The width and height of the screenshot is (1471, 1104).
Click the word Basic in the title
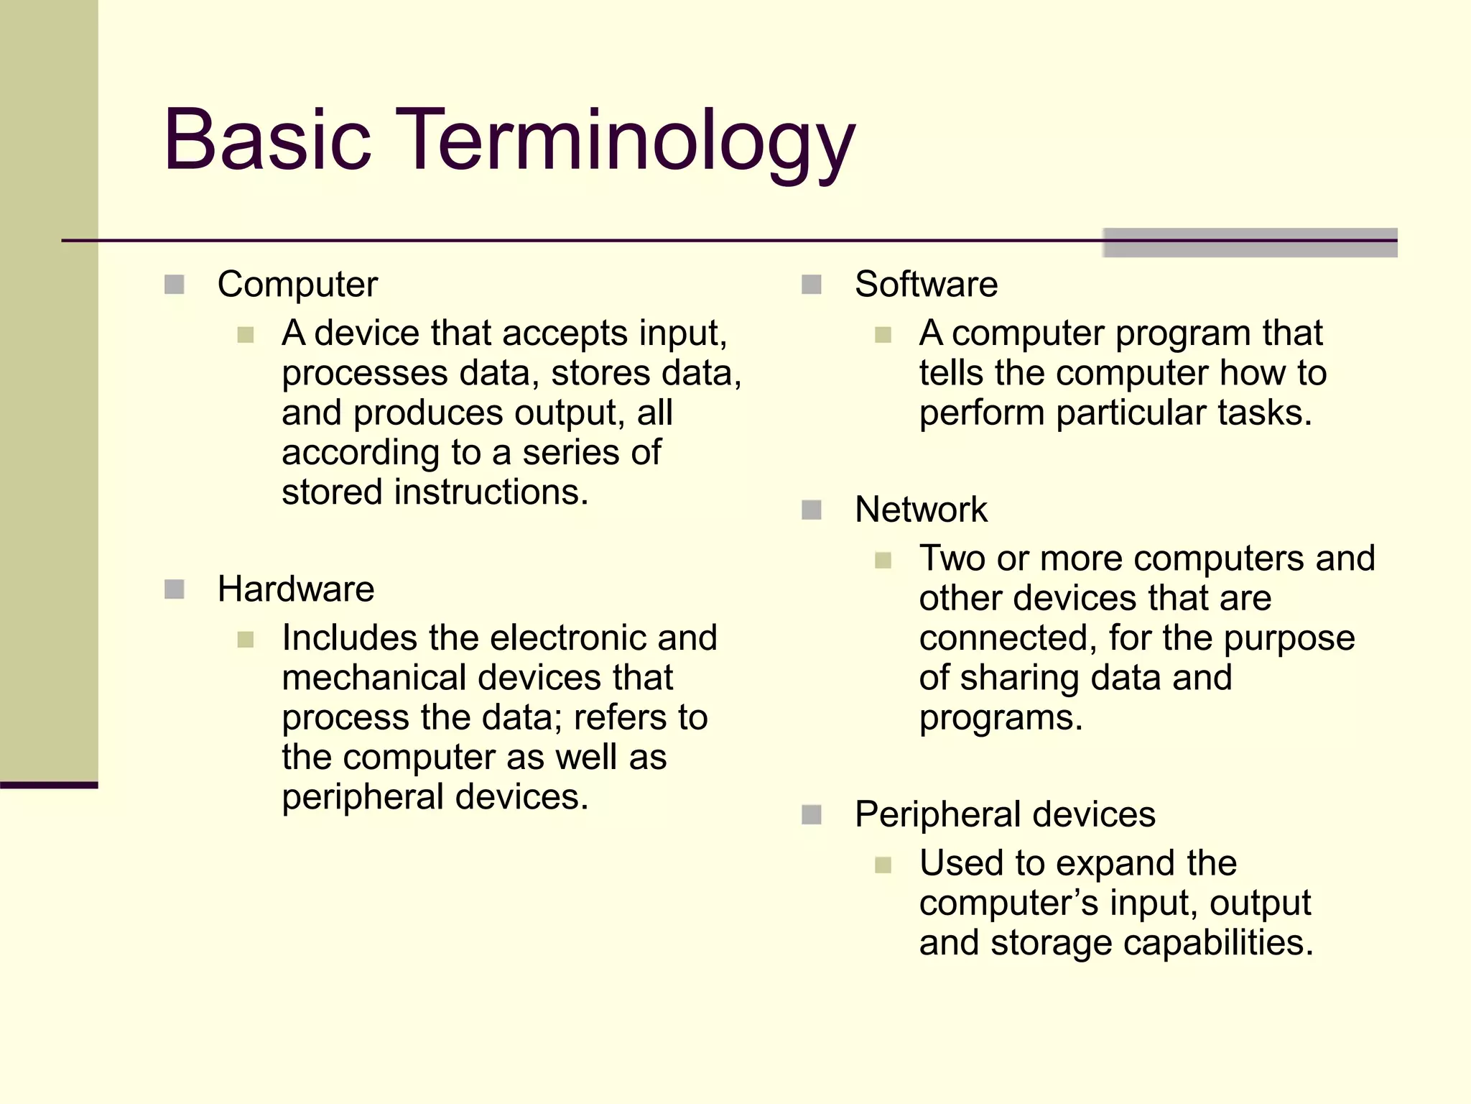tap(267, 140)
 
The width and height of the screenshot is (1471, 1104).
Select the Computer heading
tap(297, 285)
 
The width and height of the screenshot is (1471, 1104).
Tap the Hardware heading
tap(295, 589)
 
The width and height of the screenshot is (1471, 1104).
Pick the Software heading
tap(926, 285)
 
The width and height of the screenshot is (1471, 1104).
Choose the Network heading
tap(921, 510)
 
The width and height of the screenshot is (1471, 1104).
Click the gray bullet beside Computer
tap(175, 285)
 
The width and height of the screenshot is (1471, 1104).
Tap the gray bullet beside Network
tap(812, 510)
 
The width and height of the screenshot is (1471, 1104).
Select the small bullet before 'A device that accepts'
tap(246, 335)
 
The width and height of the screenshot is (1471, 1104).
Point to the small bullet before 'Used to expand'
tap(883, 865)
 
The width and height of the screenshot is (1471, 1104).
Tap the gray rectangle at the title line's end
tap(1250, 243)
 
